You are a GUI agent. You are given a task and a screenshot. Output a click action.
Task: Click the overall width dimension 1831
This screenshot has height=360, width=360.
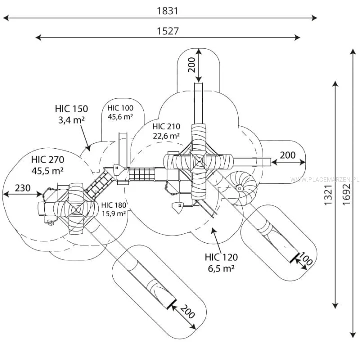coord(167,11)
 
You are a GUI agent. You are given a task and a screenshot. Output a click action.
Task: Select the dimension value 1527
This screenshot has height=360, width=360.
coord(168,31)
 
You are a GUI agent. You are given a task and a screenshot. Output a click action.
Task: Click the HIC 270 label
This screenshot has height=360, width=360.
coord(48,160)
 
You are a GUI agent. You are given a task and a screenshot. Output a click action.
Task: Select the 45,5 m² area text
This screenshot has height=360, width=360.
coord(48,171)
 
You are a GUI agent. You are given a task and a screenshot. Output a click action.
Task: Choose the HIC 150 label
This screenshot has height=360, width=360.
coord(71,109)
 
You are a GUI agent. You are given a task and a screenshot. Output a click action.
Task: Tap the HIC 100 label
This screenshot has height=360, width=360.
coord(120,108)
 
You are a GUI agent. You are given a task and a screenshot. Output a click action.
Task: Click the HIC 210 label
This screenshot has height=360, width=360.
coord(166,126)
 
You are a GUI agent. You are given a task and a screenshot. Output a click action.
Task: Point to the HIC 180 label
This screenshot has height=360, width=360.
coord(114,205)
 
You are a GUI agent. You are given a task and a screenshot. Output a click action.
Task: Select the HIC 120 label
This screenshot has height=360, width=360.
coord(221,257)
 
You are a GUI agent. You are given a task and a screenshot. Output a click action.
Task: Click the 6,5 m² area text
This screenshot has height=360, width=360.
coord(221,268)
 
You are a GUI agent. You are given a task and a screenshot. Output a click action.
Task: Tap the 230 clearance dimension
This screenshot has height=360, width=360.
coord(23,188)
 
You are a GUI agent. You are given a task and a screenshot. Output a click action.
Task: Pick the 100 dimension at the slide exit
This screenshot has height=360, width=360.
coord(306,259)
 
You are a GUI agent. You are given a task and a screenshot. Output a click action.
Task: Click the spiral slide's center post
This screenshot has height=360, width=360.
coord(239,188)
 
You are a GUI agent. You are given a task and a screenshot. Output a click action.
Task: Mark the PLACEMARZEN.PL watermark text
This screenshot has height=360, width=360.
coord(325,179)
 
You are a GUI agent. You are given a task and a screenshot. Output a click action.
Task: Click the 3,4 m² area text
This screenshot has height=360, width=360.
coord(71,120)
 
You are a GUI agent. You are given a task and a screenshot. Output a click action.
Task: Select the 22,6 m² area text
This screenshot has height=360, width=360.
coord(166,136)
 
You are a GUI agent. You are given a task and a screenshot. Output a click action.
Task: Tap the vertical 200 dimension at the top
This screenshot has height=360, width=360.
coord(191,65)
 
